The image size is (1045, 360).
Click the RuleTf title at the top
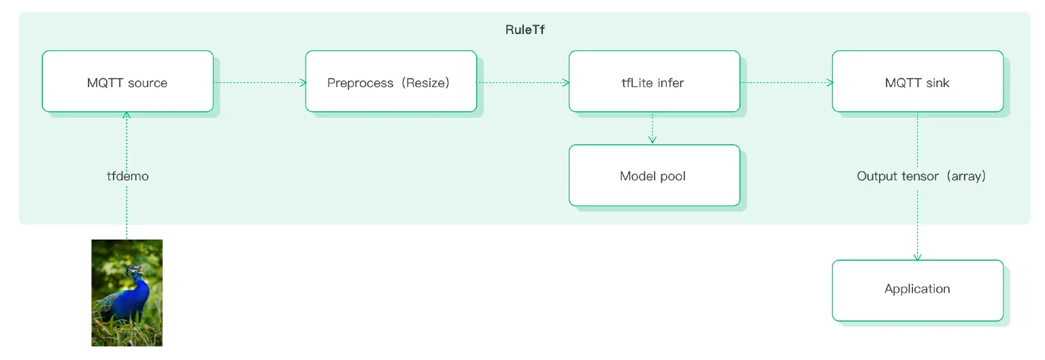pyautogui.click(x=525, y=31)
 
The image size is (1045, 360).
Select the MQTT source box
pyautogui.click(x=127, y=82)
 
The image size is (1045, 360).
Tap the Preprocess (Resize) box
pyautogui.click(x=391, y=82)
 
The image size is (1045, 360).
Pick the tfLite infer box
pyautogui.click(x=654, y=82)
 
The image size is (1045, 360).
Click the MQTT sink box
pyautogui.click(x=917, y=82)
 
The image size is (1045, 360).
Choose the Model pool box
pyautogui.click(x=654, y=176)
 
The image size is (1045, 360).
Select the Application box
pyautogui.click(x=917, y=290)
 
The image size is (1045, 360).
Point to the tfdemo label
pyautogui.click(x=127, y=176)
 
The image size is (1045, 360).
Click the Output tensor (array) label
pyautogui.click(x=921, y=176)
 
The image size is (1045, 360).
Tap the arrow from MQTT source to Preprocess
pyautogui.click(x=259, y=83)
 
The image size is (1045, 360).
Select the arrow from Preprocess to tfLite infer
pyautogui.click(x=522, y=83)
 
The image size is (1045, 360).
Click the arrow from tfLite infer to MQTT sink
pyautogui.click(x=786, y=83)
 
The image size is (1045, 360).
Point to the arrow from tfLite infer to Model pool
pyautogui.click(x=652, y=128)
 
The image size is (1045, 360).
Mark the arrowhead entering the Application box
pyautogui.click(x=917, y=257)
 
